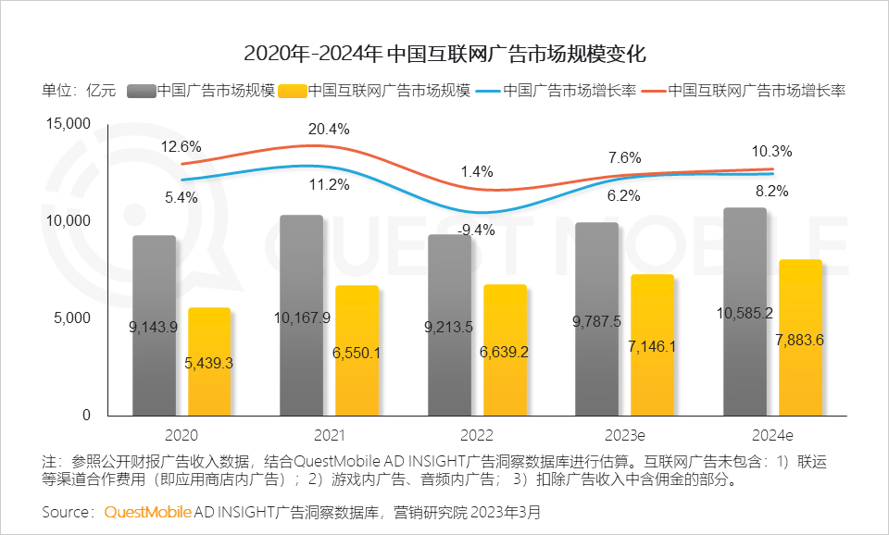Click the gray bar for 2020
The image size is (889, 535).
point(154,324)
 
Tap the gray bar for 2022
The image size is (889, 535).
point(449,324)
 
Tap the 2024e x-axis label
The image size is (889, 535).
point(772,434)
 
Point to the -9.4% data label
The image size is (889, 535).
point(478,230)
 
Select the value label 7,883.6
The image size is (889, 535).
point(802,340)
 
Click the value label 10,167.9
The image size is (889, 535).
point(303,318)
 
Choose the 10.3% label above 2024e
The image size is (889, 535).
point(772,152)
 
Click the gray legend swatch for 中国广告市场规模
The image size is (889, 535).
point(140,91)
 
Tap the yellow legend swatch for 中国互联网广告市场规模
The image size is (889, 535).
point(292,91)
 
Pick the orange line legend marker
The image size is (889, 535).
point(652,91)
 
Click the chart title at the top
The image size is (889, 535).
point(444,53)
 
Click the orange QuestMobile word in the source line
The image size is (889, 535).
point(148,511)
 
